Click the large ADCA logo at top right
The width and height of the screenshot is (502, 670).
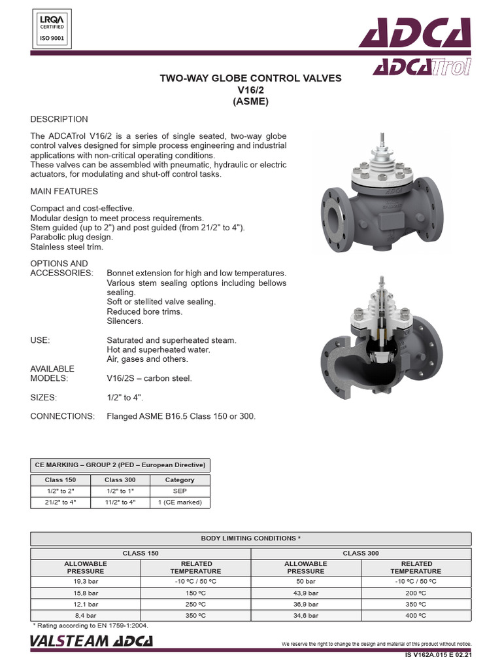click(414, 33)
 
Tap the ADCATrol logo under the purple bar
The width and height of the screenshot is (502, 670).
click(422, 67)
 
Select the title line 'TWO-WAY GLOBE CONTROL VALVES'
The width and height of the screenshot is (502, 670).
click(251, 78)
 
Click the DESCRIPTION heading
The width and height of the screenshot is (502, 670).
click(59, 119)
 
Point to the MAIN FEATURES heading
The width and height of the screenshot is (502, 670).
click(64, 191)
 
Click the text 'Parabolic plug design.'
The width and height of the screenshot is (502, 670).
click(71, 237)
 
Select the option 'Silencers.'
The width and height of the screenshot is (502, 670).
click(125, 321)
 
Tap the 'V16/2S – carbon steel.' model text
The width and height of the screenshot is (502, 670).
click(149, 378)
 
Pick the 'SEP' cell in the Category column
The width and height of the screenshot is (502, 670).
click(180, 491)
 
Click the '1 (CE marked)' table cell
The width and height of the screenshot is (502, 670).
click(180, 502)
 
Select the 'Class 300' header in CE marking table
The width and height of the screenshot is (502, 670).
click(120, 480)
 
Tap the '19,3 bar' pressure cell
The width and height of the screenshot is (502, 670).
click(86, 580)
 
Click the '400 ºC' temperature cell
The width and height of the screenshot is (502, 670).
click(416, 616)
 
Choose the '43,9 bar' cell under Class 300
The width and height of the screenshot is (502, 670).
click(306, 592)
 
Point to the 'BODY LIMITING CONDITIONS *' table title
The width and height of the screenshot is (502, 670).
click(251, 538)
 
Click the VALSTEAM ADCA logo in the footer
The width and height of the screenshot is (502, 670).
click(92, 641)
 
